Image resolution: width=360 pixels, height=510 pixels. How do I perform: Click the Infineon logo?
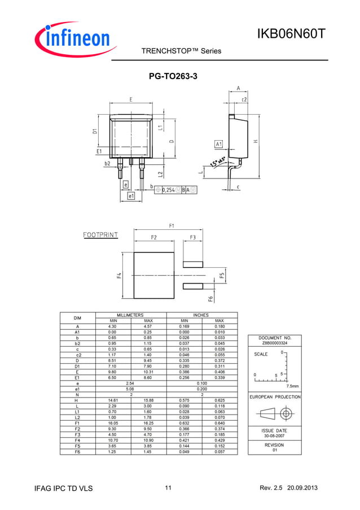click(x=74, y=39)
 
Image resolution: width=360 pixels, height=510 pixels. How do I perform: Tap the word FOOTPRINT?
click(x=100, y=234)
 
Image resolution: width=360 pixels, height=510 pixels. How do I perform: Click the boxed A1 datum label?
click(x=219, y=144)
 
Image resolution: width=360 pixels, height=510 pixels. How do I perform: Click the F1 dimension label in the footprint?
click(x=171, y=226)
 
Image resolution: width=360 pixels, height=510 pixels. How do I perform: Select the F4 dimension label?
click(x=119, y=275)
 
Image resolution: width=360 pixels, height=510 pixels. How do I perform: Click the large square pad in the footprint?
click(x=154, y=276)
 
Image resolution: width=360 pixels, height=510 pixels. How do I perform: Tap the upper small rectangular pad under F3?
click(x=193, y=264)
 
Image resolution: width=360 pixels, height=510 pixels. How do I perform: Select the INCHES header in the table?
click(x=201, y=315)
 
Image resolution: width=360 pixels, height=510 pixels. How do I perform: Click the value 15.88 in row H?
click(x=148, y=400)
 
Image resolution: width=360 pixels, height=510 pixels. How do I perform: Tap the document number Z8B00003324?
click(x=275, y=343)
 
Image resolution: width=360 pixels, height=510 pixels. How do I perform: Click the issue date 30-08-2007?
click(x=275, y=435)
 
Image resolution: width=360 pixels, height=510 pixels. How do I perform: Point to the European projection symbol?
click(x=275, y=414)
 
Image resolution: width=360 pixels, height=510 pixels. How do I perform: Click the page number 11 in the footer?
click(x=168, y=488)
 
